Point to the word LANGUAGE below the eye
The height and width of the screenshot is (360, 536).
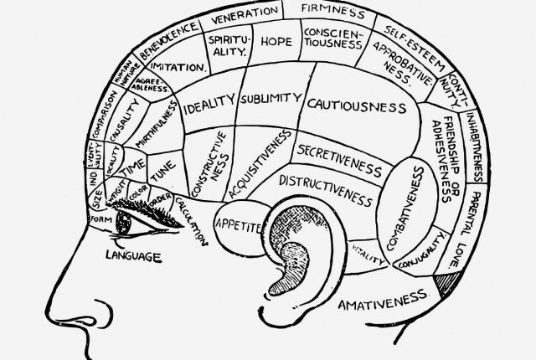(x=133, y=255)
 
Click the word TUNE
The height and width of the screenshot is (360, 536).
(x=164, y=167)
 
